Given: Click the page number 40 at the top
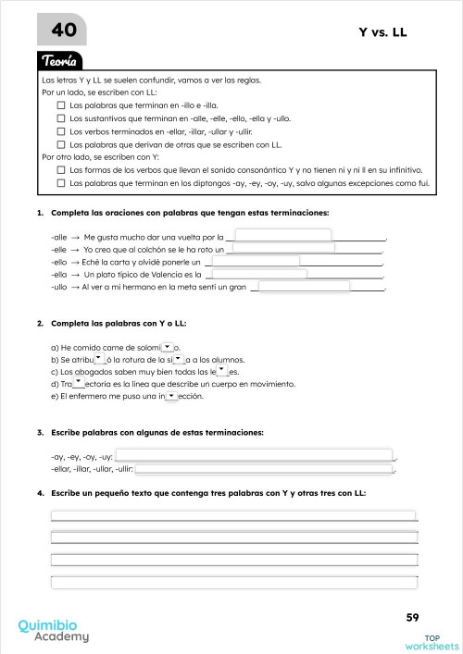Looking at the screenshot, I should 64,31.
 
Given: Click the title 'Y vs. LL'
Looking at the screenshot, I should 382,32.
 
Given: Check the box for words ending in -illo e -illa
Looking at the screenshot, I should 62,105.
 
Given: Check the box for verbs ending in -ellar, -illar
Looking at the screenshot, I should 62,131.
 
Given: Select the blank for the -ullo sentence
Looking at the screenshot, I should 303,287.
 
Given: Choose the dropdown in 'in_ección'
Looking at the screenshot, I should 170,395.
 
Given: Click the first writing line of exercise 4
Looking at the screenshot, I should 233,515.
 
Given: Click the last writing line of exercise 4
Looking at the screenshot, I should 233,580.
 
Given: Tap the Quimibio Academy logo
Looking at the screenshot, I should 54,630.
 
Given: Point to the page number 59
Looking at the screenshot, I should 413,617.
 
